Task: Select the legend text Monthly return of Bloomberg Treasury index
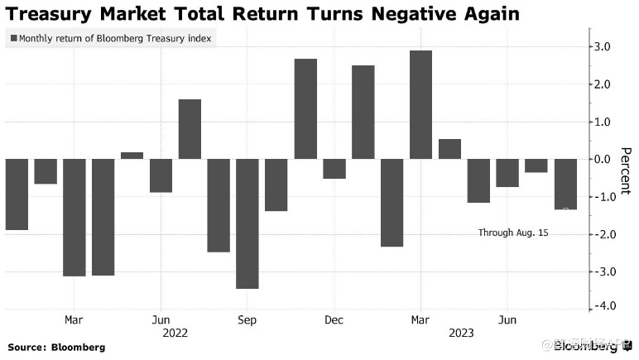(114, 38)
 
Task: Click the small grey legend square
(12, 38)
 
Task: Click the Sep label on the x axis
(247, 319)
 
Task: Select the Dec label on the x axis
(334, 319)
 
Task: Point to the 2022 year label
(175, 333)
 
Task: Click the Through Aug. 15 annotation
(513, 233)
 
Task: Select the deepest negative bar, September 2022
(247, 223)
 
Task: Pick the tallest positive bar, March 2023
(420, 104)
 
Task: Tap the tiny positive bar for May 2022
(132, 156)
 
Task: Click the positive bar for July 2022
(190, 129)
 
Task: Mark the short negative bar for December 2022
(334, 169)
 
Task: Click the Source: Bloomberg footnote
(56, 348)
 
